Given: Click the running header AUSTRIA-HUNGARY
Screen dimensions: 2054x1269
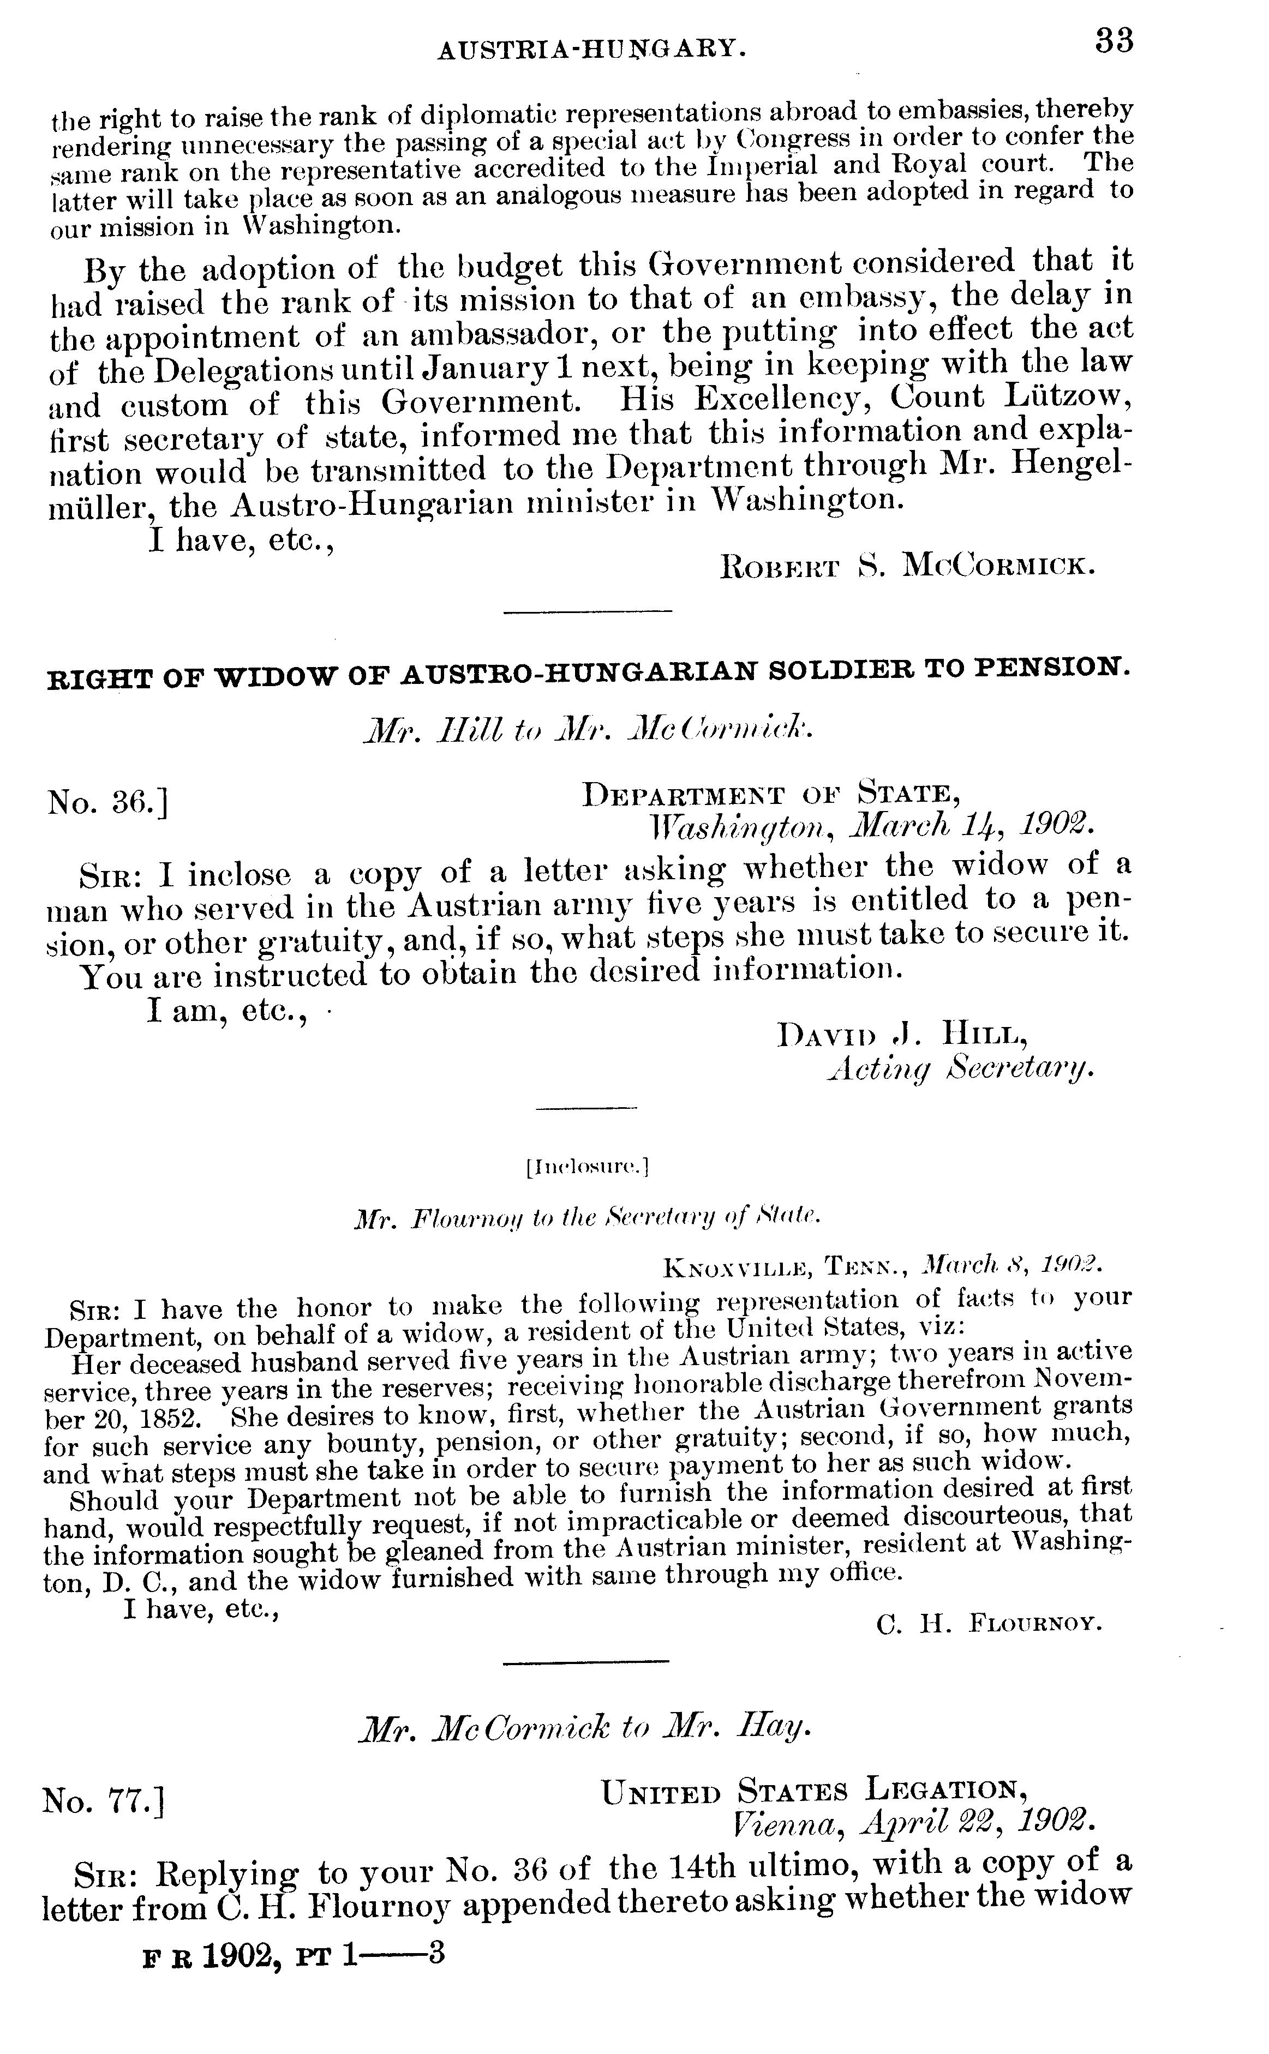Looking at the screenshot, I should (592, 51).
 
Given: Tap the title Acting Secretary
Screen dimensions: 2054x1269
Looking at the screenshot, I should (960, 1067).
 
